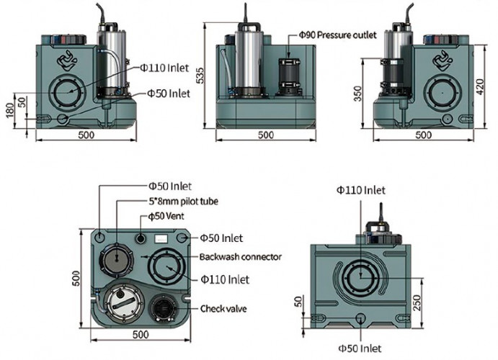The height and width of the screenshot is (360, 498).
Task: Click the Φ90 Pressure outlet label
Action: (339, 34)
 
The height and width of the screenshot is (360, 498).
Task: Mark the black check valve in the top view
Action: (164, 310)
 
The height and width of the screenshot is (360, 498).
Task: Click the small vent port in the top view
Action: (139, 238)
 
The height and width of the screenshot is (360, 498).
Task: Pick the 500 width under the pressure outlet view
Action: (266, 135)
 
